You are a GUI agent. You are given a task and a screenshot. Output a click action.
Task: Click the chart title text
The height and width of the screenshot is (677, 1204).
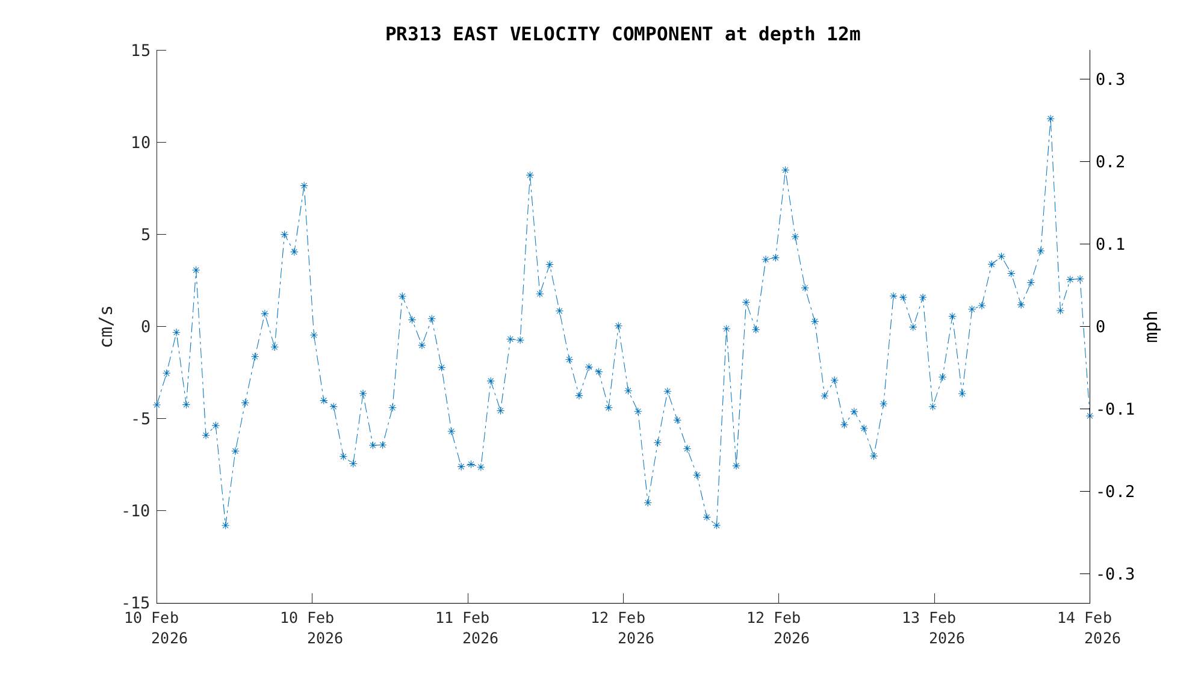tap(622, 34)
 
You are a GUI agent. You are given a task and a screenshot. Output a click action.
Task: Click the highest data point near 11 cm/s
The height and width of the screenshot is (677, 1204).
tap(1050, 119)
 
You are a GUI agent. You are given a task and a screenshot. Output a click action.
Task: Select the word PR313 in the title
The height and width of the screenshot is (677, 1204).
tap(413, 34)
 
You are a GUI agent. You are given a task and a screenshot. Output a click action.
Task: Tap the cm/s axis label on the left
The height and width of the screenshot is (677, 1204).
tap(107, 326)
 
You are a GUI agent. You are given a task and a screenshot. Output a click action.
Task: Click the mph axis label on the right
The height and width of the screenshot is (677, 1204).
tap(1151, 326)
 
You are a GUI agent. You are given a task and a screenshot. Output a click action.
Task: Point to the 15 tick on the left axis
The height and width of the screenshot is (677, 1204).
tap(141, 51)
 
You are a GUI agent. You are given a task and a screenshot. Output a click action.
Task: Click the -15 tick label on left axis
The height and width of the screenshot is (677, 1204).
tap(136, 602)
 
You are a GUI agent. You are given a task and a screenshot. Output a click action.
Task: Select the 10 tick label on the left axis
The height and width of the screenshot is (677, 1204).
tap(141, 143)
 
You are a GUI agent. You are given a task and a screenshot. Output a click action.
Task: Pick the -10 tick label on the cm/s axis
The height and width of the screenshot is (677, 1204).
tap(136, 511)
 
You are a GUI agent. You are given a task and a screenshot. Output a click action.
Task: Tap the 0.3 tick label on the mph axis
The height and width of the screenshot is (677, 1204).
tap(1110, 79)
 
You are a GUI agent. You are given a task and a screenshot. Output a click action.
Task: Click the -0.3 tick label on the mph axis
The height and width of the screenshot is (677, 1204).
tap(1115, 574)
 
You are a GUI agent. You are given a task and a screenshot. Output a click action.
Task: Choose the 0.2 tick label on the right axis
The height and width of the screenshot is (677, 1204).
tap(1110, 162)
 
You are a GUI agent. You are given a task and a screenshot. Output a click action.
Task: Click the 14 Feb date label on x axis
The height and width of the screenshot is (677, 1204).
tap(1085, 618)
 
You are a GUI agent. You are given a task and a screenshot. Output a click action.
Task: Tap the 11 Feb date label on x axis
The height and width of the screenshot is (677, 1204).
tap(462, 618)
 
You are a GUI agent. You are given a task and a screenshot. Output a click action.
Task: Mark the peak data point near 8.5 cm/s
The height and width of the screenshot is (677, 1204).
tap(785, 170)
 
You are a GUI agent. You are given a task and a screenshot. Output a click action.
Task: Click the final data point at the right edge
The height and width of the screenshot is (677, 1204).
tap(1090, 416)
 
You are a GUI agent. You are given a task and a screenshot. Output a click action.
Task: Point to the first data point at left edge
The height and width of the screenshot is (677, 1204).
tap(157, 405)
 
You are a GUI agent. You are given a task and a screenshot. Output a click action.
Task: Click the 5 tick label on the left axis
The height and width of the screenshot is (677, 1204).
tap(146, 235)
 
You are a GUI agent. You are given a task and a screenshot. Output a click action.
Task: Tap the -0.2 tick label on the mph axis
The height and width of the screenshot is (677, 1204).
tap(1115, 492)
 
